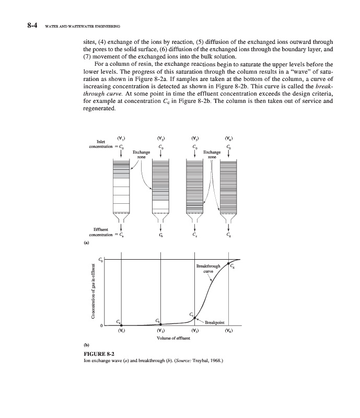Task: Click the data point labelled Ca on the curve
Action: (122, 325)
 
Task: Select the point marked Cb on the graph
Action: (160, 324)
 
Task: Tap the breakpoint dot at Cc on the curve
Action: (194, 317)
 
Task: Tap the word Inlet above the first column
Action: (102, 141)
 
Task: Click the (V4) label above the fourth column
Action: (228, 138)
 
